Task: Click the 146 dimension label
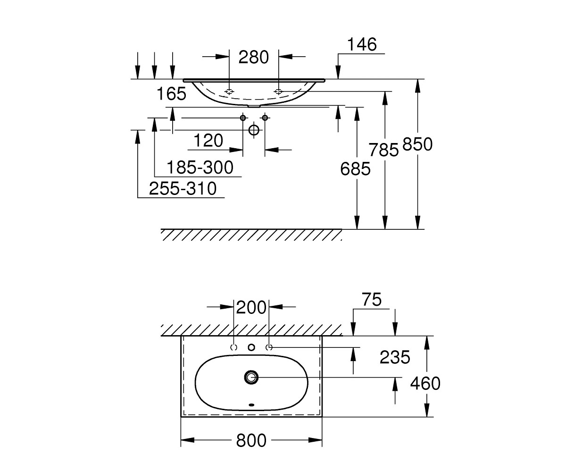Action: pos(362,44)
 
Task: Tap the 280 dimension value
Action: pos(253,57)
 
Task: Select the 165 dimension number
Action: pos(171,93)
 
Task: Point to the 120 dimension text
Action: pos(208,141)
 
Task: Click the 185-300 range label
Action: pos(200,167)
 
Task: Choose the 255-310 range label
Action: pos(183,188)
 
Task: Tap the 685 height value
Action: pos(355,169)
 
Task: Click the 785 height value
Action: pos(383,150)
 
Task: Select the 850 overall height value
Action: pos(417,144)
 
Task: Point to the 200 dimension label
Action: pos(251,308)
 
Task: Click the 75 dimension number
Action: pos(372,299)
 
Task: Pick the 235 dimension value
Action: pos(395,357)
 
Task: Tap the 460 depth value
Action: pos(425,383)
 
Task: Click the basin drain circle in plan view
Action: pos(251,377)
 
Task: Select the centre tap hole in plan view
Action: pos(251,347)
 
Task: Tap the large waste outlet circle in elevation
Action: pos(254,130)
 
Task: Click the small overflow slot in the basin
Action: pos(251,405)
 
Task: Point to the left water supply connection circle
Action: pos(243,118)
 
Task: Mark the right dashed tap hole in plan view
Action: pos(269,347)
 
